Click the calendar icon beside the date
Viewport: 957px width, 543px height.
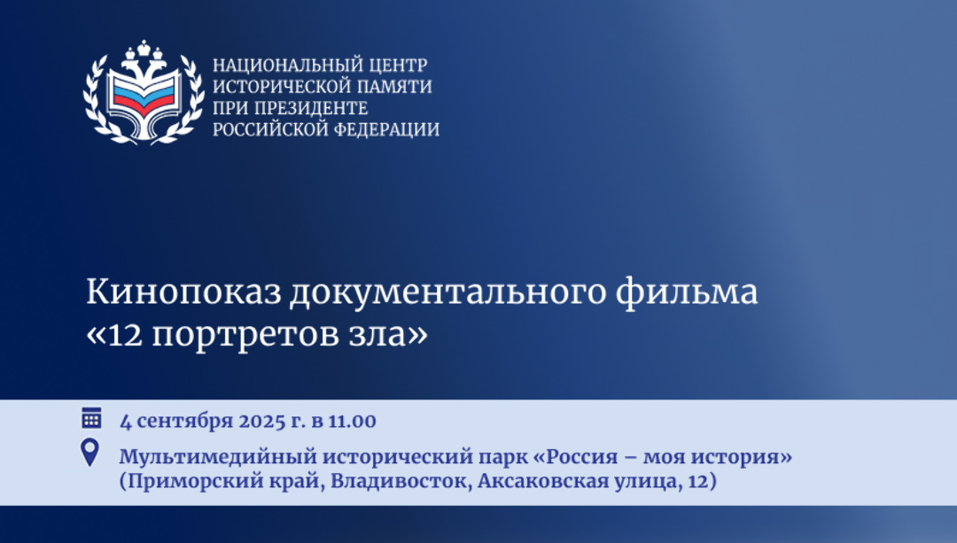(x=91, y=418)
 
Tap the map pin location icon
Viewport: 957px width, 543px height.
(x=89, y=453)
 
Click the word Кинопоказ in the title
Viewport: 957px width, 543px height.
(x=183, y=292)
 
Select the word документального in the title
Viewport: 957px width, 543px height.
(x=448, y=293)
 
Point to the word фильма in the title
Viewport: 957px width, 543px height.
(x=687, y=292)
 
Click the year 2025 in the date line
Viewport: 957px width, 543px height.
(x=261, y=421)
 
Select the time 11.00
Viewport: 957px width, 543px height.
(x=352, y=421)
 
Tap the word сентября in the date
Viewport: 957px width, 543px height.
(x=184, y=422)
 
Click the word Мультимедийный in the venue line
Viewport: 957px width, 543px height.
(x=217, y=456)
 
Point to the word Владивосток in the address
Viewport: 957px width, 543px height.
(x=401, y=481)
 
